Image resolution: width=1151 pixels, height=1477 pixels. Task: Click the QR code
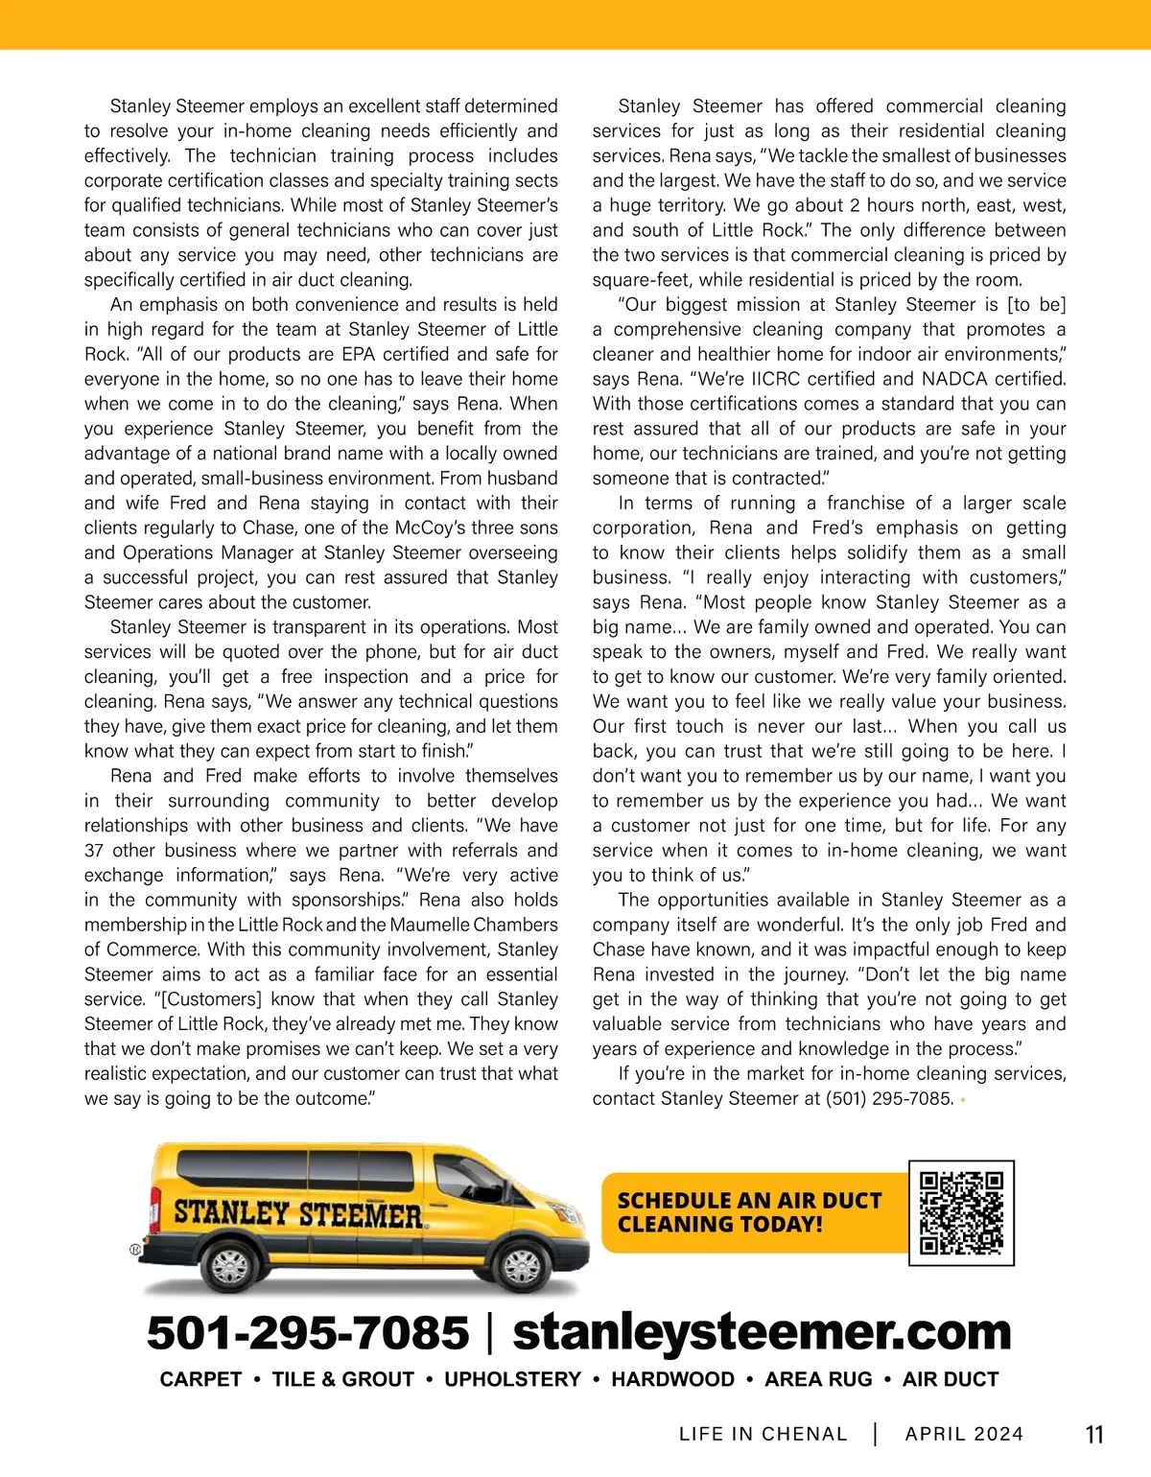(961, 1213)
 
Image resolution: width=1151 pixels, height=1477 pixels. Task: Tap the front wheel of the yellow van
(521, 1266)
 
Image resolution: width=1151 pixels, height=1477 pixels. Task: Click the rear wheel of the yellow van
(229, 1267)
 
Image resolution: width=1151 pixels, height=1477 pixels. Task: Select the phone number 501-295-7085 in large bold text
(308, 1333)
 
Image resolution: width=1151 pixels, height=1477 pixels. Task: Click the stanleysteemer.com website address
(762, 1333)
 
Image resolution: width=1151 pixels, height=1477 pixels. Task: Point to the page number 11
(1093, 1435)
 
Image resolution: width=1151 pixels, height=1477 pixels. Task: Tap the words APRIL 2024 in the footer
(964, 1435)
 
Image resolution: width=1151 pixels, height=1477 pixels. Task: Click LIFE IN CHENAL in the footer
(763, 1435)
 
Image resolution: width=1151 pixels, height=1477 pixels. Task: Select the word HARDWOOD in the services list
(672, 1379)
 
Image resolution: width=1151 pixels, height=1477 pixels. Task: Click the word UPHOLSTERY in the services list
(512, 1379)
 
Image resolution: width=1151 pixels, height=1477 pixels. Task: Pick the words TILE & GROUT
(342, 1379)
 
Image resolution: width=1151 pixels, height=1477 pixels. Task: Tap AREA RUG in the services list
(818, 1379)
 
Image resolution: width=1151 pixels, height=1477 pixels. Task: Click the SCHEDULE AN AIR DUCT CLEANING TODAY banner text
(748, 1213)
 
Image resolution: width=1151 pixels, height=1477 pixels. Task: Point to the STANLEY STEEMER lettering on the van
(297, 1213)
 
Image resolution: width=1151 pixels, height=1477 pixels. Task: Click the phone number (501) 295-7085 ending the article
(889, 1099)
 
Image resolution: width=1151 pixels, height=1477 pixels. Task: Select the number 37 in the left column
(94, 851)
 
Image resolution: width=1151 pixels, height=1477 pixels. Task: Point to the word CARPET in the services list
(200, 1379)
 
